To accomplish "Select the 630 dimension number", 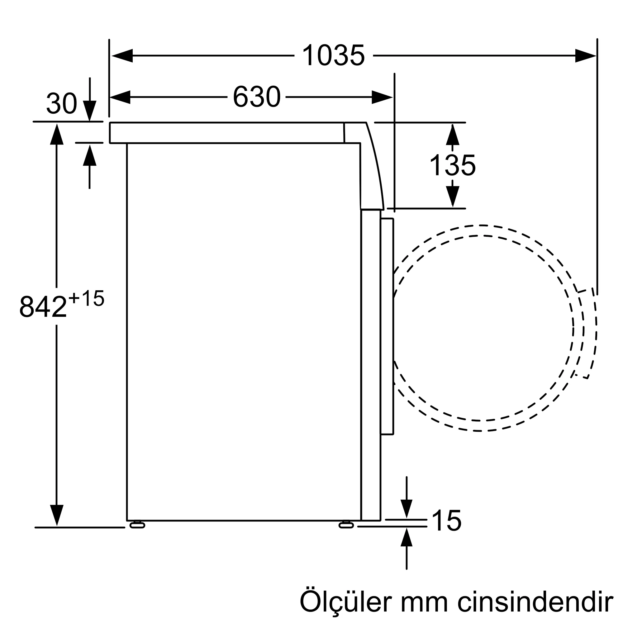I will click(x=256, y=97).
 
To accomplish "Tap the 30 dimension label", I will click(x=61, y=103).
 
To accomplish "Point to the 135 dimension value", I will click(x=452, y=165).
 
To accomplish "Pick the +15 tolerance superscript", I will click(x=86, y=298).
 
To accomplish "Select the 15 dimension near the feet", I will click(x=446, y=521).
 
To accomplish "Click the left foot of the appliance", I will click(x=137, y=525).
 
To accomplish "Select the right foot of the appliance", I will click(x=346, y=525).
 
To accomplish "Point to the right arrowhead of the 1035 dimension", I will click(x=585, y=56).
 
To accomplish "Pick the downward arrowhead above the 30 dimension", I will click(x=90, y=110).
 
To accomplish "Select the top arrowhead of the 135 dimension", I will click(x=452, y=135).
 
